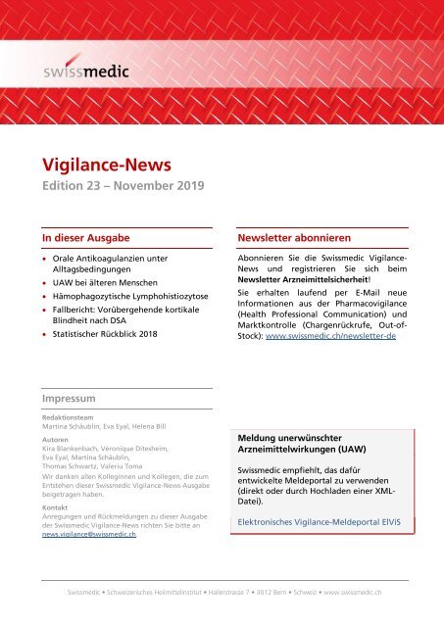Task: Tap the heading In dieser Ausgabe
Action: (x=85, y=237)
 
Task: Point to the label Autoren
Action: (x=54, y=441)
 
